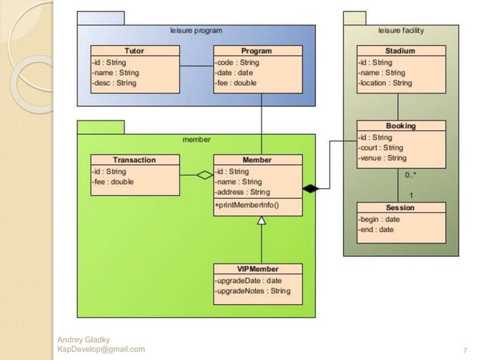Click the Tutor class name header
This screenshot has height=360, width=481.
135,51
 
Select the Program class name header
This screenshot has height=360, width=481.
257,51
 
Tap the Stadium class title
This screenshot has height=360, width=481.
400,51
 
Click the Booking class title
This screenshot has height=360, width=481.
400,127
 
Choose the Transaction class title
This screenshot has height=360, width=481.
134,160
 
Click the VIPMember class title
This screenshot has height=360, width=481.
257,269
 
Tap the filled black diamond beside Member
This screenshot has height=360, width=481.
311,187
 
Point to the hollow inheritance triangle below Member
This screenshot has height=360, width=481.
262,221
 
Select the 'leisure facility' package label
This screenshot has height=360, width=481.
400,31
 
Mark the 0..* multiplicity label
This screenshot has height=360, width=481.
410,175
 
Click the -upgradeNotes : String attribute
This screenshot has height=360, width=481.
253,291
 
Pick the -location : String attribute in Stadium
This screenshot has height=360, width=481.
385,83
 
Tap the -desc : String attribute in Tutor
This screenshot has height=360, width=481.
114,83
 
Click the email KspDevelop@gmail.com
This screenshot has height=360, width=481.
101,349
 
